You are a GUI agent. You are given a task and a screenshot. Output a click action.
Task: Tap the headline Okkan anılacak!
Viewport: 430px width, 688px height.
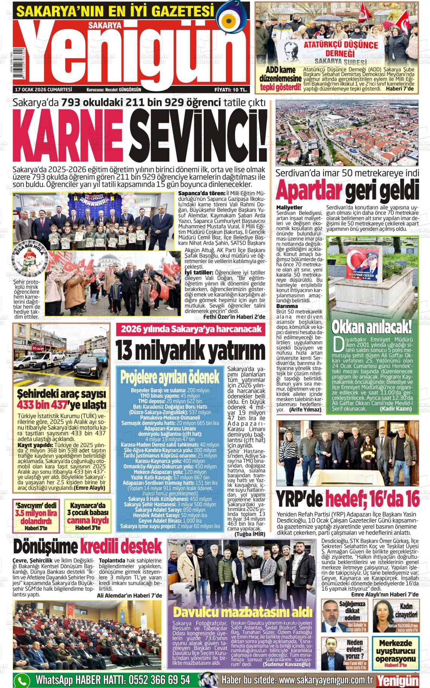pyautogui.click(x=372, y=327)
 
